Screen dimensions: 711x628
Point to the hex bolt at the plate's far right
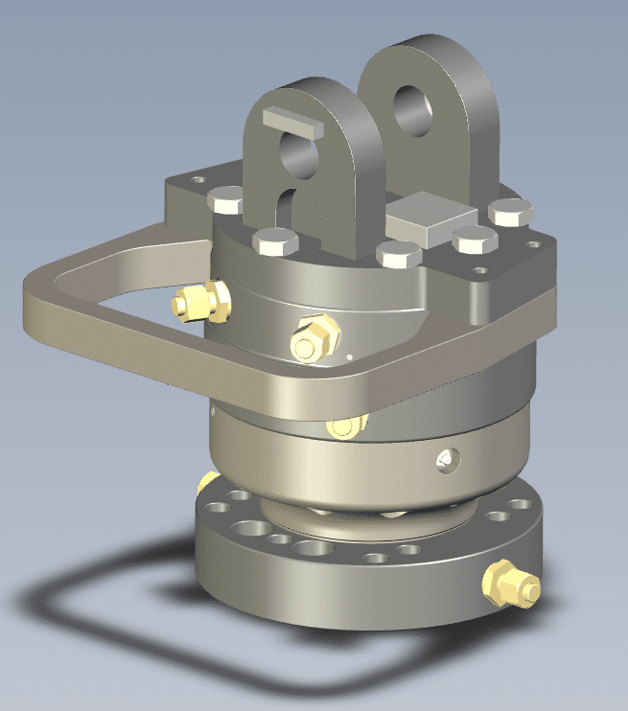tap(509, 212)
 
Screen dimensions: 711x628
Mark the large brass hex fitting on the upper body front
tap(315, 336)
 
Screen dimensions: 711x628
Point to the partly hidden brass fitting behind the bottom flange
tap(208, 481)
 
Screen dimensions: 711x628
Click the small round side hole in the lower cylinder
tap(444, 461)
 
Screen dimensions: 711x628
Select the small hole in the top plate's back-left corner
tap(198, 179)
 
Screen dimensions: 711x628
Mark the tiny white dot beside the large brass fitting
tap(350, 355)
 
